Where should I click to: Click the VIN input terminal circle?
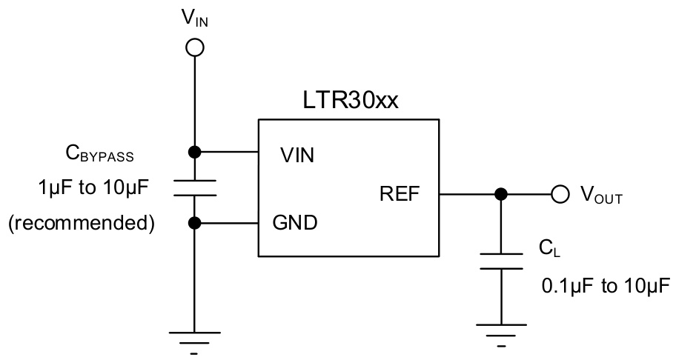click(194, 48)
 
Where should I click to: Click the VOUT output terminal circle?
click(559, 195)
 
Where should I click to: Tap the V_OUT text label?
click(600, 196)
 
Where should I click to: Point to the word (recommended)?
click(81, 223)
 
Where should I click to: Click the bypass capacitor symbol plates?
click(194, 188)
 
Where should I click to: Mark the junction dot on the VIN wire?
click(194, 153)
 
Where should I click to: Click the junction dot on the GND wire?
click(194, 221)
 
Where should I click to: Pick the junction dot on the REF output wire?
click(501, 195)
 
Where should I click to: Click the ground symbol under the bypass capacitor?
click(194, 339)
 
